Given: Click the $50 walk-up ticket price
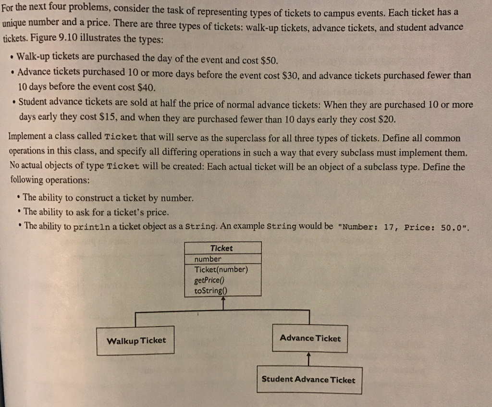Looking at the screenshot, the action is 269,61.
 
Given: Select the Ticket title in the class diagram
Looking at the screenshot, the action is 221,248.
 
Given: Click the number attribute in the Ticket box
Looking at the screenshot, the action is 208,259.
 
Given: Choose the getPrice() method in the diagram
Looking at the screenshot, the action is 210,280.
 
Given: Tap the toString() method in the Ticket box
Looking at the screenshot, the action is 210,290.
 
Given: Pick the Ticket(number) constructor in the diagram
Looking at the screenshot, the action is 221,269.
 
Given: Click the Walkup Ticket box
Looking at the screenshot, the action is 135,341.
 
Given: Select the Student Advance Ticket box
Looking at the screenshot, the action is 308,380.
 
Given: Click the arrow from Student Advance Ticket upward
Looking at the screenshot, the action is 308,359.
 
